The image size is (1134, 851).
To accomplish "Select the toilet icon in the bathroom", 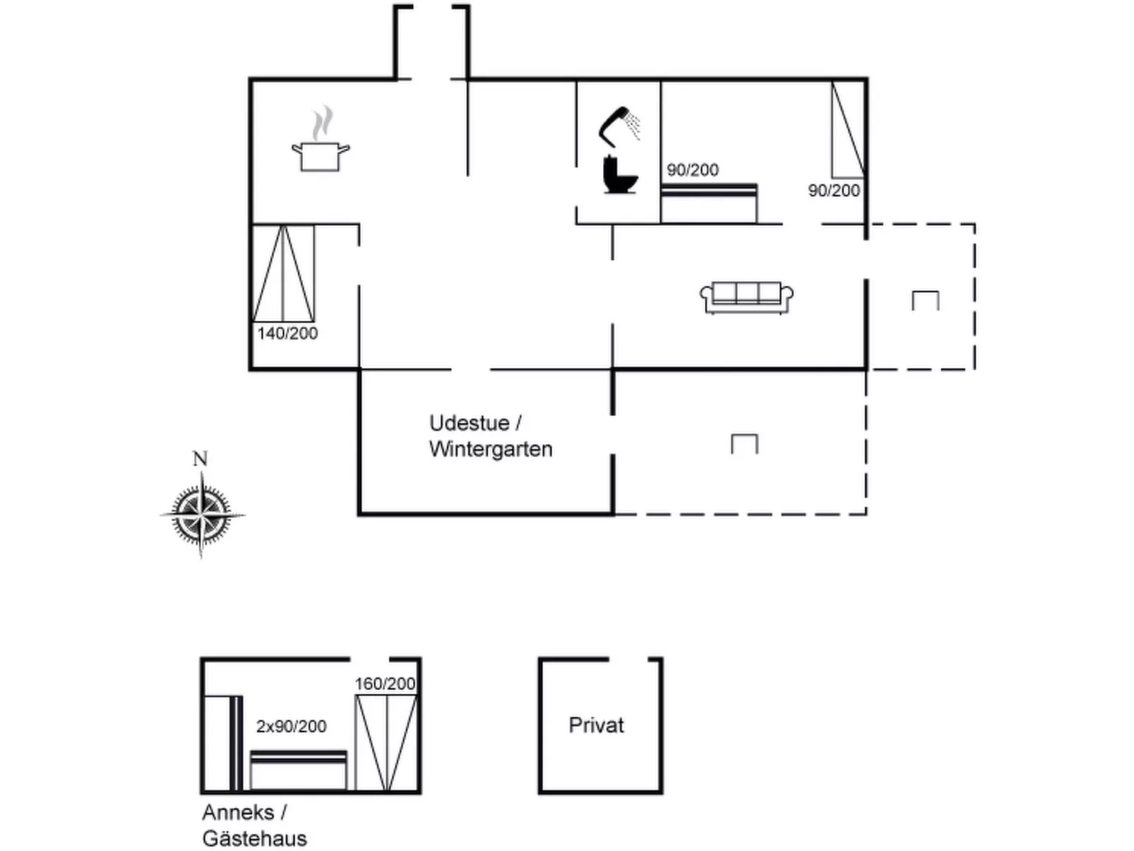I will tap(619, 174).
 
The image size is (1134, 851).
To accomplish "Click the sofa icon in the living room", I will tap(746, 297).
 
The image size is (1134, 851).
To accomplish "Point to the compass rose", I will tap(202, 514).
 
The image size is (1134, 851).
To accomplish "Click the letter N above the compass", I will tap(201, 459).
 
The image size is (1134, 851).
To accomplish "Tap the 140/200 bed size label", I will tap(287, 333).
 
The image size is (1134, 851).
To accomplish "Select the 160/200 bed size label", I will tap(385, 684).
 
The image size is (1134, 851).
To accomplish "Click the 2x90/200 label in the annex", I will tap(291, 726).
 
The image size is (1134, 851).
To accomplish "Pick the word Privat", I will tap(597, 725).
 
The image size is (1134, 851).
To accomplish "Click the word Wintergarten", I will tap(491, 449).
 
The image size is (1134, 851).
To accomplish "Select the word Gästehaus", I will tap(255, 838).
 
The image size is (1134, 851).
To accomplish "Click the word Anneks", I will tap(238, 812).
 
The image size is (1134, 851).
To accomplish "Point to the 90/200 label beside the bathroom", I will tap(693, 170).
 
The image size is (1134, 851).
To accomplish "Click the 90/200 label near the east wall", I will tap(834, 191).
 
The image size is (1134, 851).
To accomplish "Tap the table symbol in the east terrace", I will tap(925, 301).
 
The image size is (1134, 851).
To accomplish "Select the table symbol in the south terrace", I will tap(744, 444).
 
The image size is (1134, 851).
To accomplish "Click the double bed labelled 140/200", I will tap(283, 274).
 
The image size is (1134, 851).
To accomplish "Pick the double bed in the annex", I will tap(386, 742).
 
